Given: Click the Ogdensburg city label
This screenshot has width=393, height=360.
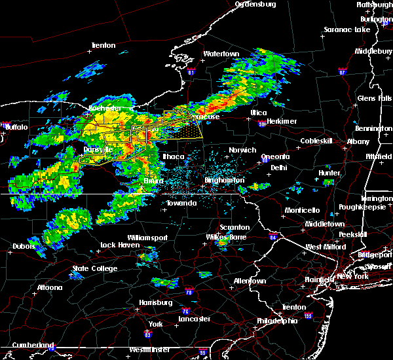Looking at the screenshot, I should point(256,5).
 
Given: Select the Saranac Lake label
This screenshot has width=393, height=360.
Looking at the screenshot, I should point(348,29).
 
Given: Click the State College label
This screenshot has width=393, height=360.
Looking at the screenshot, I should point(94,268).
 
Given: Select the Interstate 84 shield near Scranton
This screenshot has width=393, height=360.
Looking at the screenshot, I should point(272,236).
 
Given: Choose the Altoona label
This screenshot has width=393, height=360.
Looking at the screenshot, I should point(48,288).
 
